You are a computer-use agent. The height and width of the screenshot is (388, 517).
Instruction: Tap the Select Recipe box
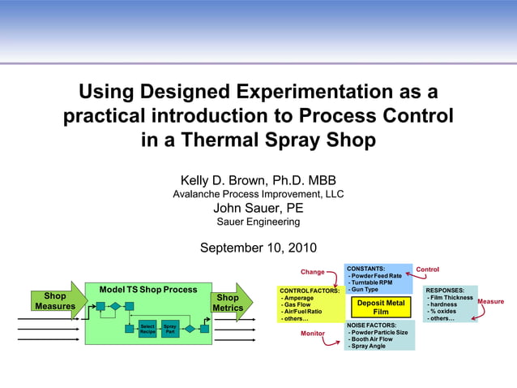(x=147, y=330)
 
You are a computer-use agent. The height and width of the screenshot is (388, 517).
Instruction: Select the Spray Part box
(x=170, y=330)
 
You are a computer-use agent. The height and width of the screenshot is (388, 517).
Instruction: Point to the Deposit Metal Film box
(x=380, y=307)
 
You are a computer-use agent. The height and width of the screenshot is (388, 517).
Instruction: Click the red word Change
(x=312, y=272)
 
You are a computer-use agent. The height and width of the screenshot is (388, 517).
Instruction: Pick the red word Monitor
(x=312, y=334)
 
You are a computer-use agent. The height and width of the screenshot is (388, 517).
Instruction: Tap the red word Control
(x=427, y=269)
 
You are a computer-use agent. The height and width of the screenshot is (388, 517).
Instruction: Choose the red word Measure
(x=491, y=302)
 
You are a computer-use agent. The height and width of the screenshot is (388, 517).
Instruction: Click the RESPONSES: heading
(x=445, y=290)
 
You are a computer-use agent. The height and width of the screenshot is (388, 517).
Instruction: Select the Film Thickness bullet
(x=451, y=298)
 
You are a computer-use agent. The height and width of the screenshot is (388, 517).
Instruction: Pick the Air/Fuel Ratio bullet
(x=301, y=312)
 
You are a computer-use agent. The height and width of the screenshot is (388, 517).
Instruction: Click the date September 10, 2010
(x=258, y=248)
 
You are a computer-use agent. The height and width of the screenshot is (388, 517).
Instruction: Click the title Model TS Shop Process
(x=148, y=290)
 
